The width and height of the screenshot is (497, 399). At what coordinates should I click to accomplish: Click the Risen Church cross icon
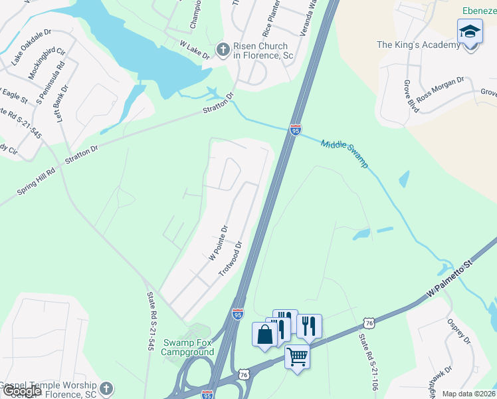223,49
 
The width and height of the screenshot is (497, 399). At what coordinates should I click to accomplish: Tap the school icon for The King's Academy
469,32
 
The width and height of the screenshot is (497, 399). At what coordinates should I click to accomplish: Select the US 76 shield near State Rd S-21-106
369,323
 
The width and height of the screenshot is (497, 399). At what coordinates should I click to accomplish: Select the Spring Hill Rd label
37,180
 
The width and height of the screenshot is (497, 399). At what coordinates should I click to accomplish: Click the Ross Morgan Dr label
441,87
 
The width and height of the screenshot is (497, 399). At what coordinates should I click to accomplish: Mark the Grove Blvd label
411,96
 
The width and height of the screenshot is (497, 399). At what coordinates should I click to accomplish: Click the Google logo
22,390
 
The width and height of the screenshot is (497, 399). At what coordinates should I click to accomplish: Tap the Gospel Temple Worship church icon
106,387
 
